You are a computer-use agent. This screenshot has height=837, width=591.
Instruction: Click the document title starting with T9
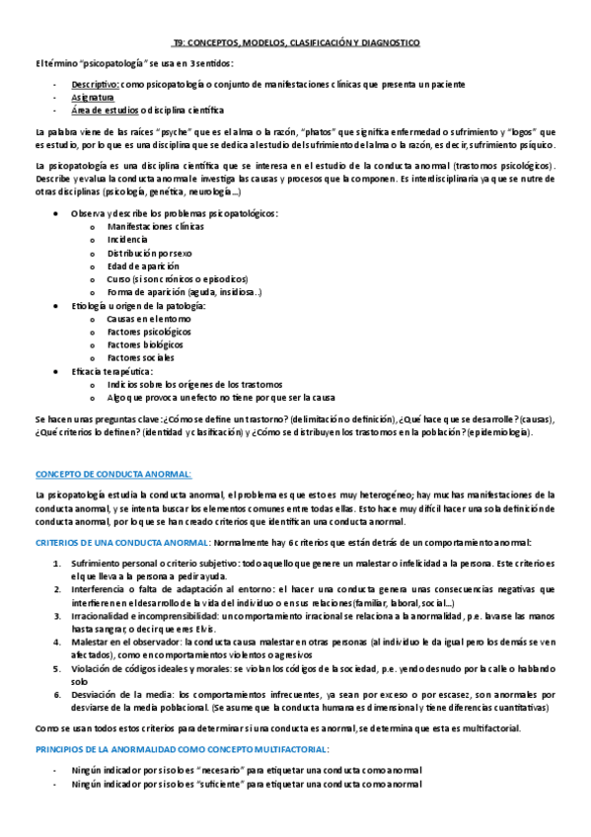point(295,43)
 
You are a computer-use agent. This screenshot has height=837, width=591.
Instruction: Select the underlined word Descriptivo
point(96,85)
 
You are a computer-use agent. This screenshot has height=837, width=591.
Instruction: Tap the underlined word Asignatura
point(92,98)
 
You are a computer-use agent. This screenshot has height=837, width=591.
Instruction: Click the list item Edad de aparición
point(143,266)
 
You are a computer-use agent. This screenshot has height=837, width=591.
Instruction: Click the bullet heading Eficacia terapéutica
point(111,371)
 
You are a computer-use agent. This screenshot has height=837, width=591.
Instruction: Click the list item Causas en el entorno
point(146,319)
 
